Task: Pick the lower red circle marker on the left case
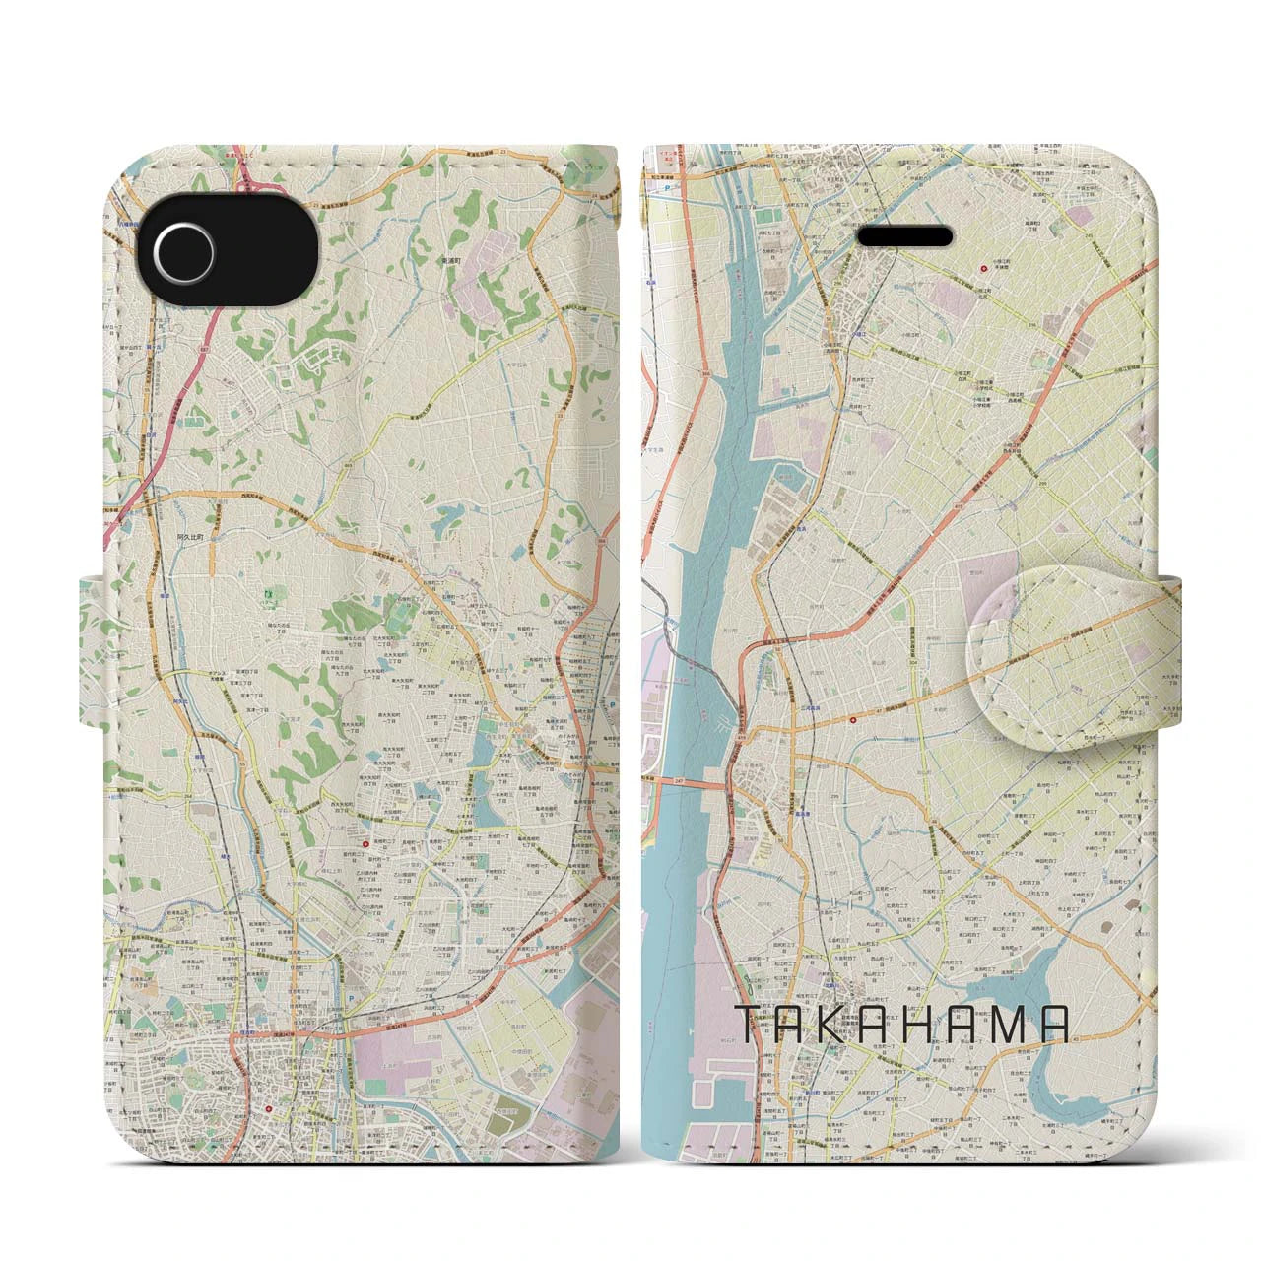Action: tap(269, 1108)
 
